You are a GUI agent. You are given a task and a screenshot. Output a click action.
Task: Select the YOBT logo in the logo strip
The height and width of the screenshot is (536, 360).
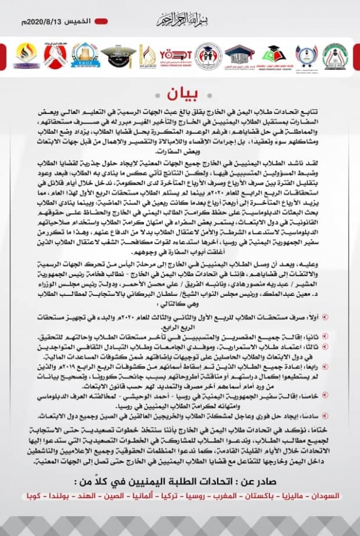point(176,56)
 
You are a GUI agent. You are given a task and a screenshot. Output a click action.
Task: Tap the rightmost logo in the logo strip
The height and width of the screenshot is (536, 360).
point(334,56)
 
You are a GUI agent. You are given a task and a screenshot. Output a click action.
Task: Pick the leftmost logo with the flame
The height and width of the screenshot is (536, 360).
point(25,56)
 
